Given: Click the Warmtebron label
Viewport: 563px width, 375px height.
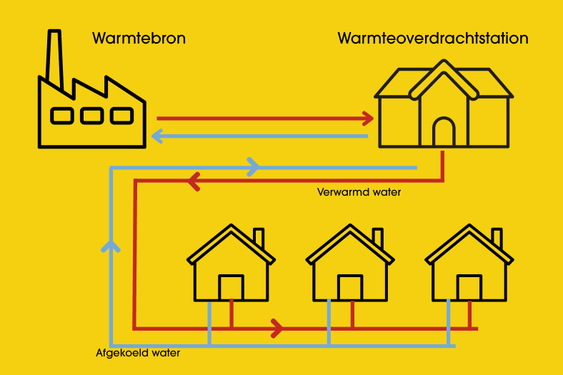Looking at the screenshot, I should (139, 38).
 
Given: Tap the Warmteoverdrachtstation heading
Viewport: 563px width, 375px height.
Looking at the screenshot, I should (433, 38).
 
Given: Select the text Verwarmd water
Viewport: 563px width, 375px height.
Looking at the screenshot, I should (359, 192).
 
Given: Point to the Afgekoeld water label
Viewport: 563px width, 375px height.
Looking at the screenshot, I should (138, 353).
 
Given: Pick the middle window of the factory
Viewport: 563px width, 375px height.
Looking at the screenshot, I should (91, 115).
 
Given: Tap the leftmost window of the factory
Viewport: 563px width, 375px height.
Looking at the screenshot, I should (61, 115).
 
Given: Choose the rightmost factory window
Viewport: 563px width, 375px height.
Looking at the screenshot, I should (121, 115).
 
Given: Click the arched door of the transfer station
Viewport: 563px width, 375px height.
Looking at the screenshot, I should (444, 134).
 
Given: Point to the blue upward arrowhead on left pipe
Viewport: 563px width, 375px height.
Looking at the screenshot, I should (111, 245).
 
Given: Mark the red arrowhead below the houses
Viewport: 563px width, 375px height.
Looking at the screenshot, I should (277, 329).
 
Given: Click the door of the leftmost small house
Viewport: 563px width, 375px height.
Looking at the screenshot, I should (231, 288).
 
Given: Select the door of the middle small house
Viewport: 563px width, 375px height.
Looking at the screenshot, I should (350, 288).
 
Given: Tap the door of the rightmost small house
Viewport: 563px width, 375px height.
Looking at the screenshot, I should (469, 288).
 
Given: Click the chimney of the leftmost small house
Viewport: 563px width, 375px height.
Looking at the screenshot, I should (259, 238).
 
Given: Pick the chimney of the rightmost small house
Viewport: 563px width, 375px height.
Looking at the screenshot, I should (497, 238).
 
